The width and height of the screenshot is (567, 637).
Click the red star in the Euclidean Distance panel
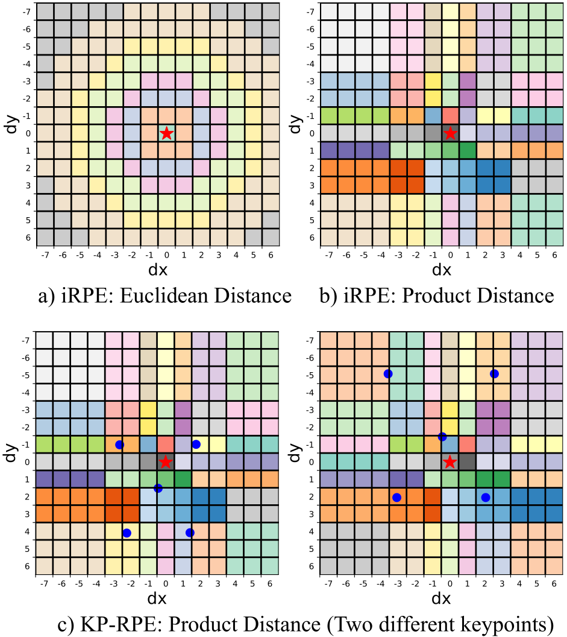click(167, 133)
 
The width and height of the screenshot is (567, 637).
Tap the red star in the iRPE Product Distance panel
click(450, 133)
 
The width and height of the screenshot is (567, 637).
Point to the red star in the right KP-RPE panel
click(450, 462)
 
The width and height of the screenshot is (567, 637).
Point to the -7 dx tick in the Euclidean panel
click(44, 255)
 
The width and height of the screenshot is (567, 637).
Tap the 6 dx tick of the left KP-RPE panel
click(271, 583)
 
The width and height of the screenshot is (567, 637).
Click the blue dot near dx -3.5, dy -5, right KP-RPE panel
click(389, 374)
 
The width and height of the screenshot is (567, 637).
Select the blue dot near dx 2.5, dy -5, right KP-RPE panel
click(494, 374)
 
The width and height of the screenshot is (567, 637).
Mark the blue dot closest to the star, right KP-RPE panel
click(442, 437)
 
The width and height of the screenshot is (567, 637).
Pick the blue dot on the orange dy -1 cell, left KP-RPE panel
click(119, 445)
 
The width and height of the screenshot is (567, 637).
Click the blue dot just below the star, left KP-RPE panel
click(158, 488)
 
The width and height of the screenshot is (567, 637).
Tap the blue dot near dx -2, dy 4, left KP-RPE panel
click(127, 533)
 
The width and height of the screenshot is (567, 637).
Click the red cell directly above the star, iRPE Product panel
click(450, 116)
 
